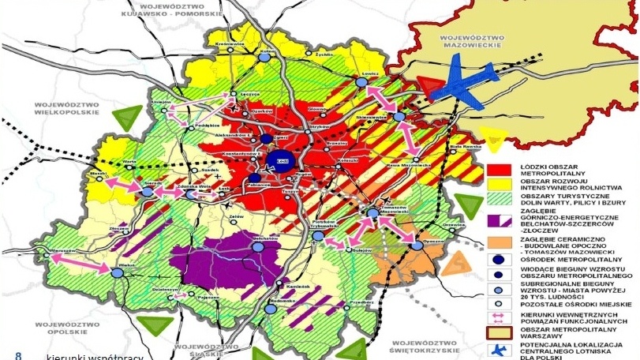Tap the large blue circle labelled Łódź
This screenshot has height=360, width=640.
point(277,163)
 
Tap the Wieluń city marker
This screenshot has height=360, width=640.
point(117,272)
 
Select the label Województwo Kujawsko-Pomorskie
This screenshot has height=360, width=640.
point(164,10)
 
